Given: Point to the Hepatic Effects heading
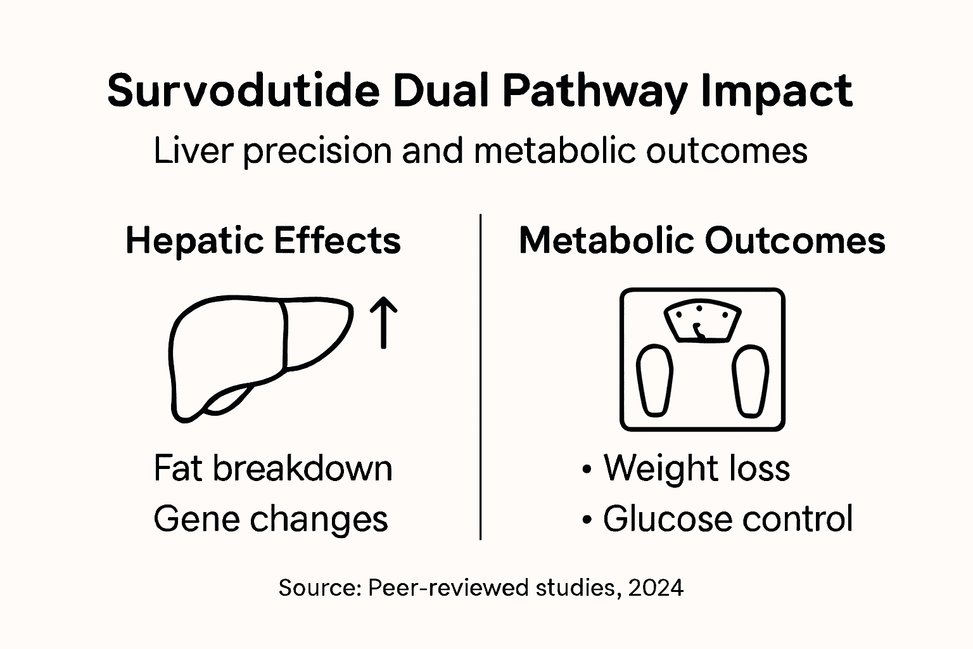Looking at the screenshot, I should click(263, 241).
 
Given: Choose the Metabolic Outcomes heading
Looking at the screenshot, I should click(702, 241).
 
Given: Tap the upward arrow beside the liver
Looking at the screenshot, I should click(383, 323).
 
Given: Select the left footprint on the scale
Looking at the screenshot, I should click(655, 381).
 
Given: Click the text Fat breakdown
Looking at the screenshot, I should click(273, 468).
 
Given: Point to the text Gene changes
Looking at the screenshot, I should click(270, 519).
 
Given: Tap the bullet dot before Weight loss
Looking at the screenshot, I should click(587, 470).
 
